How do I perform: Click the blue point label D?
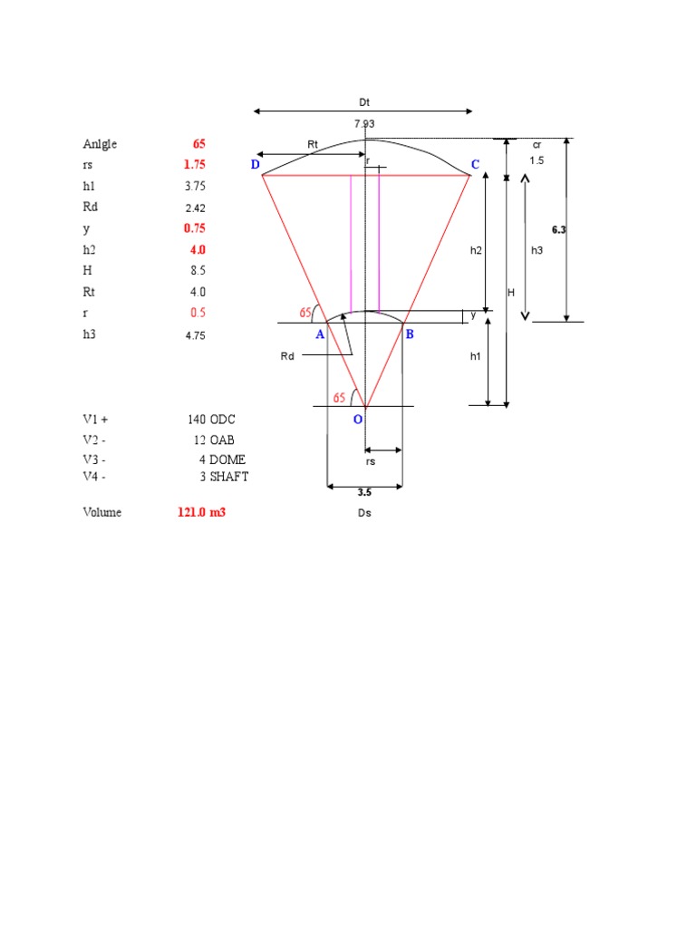[255, 164]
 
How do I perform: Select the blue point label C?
[474, 164]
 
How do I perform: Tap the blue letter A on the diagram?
[319, 334]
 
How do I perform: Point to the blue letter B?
[410, 334]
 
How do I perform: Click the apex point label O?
[357, 420]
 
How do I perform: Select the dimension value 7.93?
[364, 123]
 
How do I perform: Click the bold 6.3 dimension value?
[558, 230]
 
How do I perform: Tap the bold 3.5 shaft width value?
[363, 494]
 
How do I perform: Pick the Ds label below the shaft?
[363, 513]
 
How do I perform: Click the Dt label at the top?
[364, 104]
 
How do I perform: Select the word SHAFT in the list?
[229, 477]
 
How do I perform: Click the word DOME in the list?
[228, 459]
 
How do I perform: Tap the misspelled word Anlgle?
[100, 144]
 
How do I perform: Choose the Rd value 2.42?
[196, 208]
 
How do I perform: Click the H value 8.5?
[198, 271]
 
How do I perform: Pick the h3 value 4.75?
[196, 334]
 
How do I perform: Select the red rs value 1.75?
[195, 165]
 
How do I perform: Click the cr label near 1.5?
[536, 144]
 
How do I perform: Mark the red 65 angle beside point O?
[339, 397]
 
